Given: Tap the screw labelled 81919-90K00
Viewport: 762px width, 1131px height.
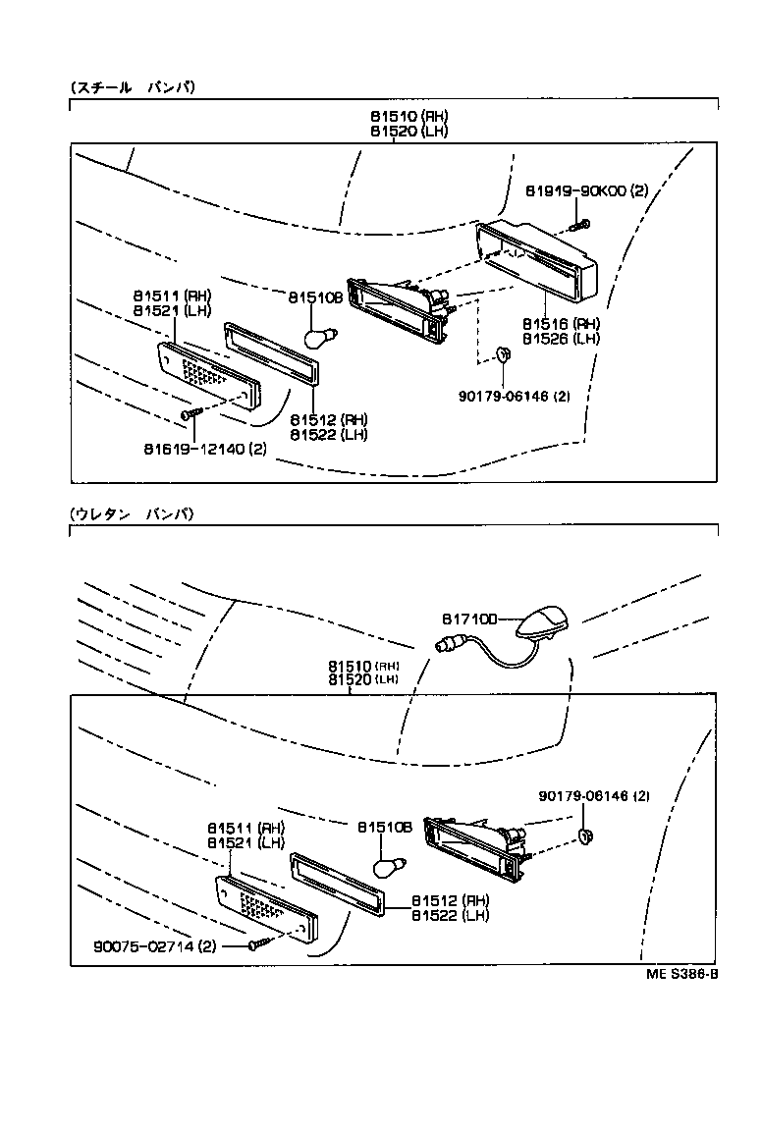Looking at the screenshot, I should (581, 225).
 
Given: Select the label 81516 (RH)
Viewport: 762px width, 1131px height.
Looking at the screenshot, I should (561, 323).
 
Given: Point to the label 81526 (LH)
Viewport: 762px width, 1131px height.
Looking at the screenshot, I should (561, 338).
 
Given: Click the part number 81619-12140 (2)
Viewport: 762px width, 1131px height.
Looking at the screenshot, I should (203, 450).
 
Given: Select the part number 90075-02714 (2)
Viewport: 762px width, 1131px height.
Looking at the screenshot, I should (155, 946).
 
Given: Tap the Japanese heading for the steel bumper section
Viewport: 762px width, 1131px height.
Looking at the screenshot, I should (133, 87).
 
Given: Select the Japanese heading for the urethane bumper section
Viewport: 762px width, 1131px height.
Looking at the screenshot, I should (133, 513).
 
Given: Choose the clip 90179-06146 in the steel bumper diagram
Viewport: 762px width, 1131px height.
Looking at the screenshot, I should (502, 354).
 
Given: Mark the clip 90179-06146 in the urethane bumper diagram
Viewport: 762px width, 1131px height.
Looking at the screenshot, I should (585, 836).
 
